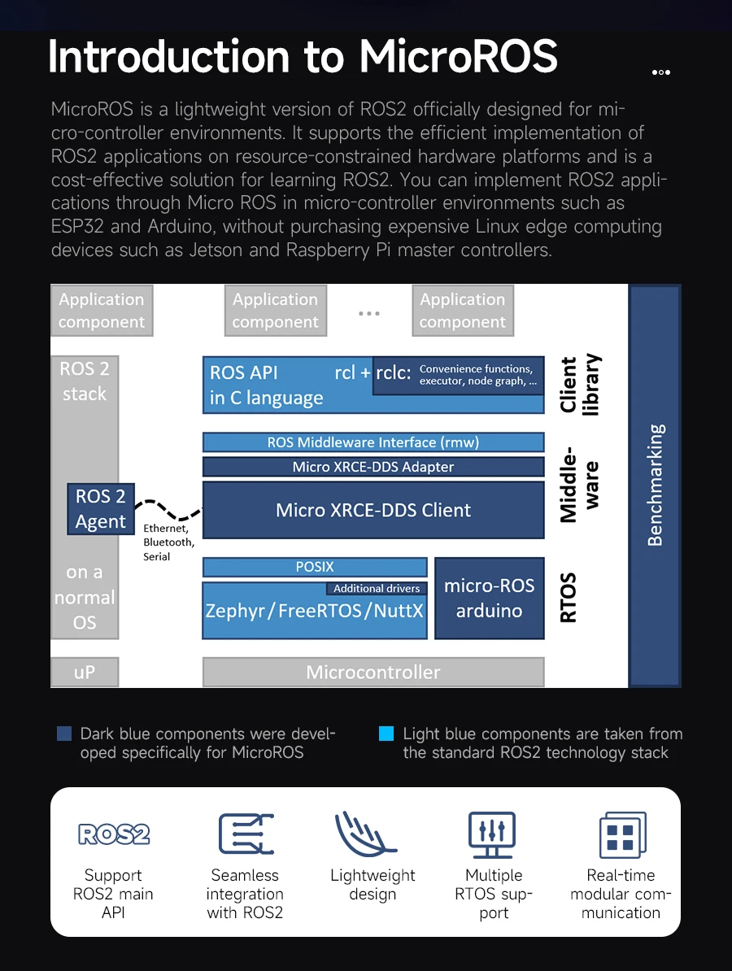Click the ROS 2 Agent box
pos(101,509)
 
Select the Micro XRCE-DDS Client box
pos(373,510)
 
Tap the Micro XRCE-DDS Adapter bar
pos(373,467)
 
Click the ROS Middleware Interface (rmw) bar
pos(373,442)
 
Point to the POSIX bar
pos(315,567)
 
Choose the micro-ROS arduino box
pos(489,599)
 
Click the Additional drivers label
pos(377,588)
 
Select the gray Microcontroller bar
pos(373,673)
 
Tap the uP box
pos(85,673)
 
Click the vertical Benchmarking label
pos(655,485)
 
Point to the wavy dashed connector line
pos(168,511)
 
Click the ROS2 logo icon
pos(113,834)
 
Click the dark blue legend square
pos(64,734)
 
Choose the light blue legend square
pos(386,734)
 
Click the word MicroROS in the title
pos(459,57)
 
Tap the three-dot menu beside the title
pos(660,72)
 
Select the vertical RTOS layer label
pos(569,598)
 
